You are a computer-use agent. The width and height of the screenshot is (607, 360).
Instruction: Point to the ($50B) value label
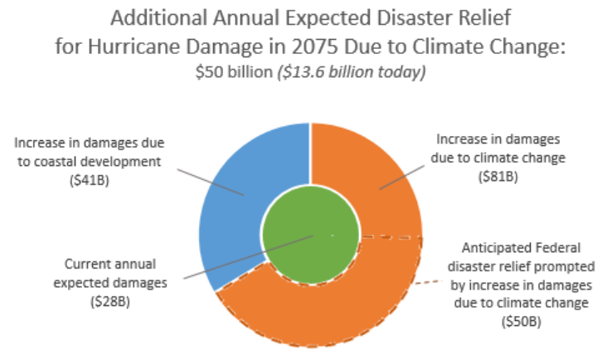click(x=521, y=320)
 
